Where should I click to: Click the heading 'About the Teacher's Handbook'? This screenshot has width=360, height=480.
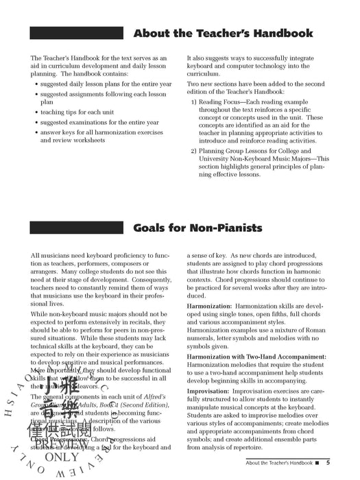pyautogui.click(x=224, y=33)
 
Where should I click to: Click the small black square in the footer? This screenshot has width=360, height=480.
pyautogui.click(x=319, y=463)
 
